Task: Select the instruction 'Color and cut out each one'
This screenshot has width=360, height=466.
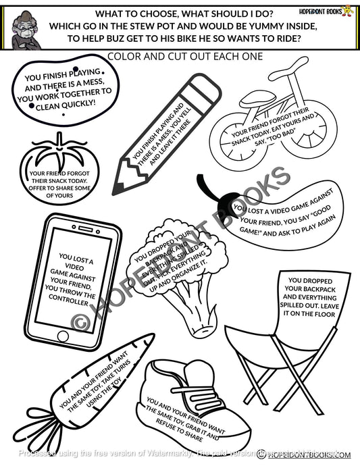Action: tap(180, 57)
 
